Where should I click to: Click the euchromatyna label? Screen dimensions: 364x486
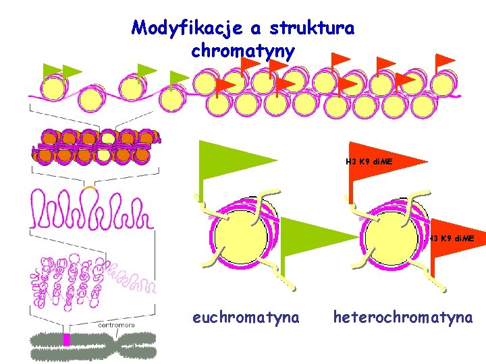click(x=246, y=317)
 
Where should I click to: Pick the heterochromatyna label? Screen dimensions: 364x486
click(x=403, y=317)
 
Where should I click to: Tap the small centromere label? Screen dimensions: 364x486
click(x=116, y=325)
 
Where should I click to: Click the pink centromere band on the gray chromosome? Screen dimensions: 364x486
click(x=66, y=339)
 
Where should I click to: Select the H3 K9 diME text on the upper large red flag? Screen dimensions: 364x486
click(x=369, y=162)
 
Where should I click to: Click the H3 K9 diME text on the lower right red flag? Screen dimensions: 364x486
click(x=452, y=239)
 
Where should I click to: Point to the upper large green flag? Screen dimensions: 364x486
click(x=230, y=160)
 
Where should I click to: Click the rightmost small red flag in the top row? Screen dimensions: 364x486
click(x=444, y=61)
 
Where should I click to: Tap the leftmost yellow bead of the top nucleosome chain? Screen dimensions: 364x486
click(x=53, y=88)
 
